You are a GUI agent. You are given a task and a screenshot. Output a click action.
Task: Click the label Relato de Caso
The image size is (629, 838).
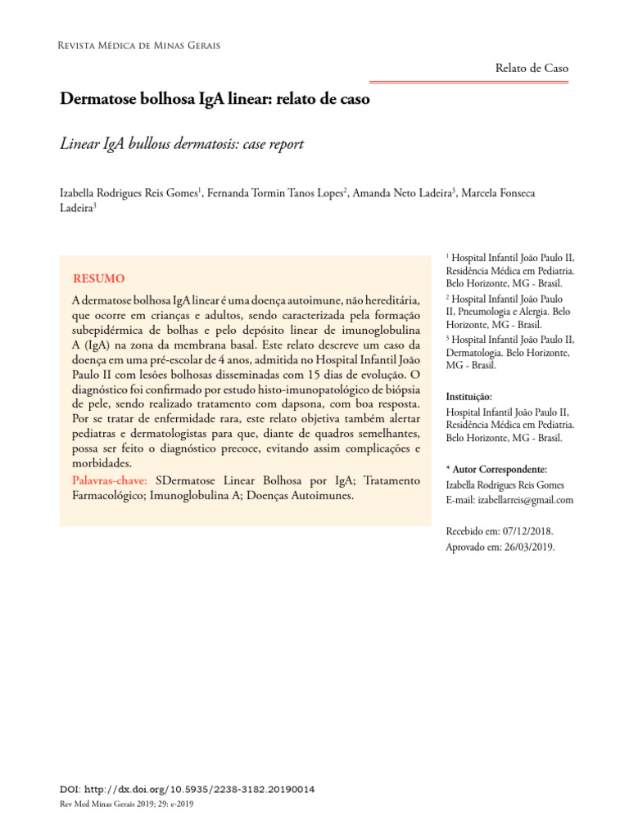click(x=532, y=69)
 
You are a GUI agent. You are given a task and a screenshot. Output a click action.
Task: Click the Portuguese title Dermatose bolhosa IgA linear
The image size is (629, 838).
click(x=215, y=100)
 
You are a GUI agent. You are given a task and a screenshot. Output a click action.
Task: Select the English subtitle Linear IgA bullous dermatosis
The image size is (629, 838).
click(x=182, y=144)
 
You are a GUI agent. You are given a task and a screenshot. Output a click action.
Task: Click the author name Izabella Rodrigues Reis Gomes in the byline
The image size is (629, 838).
click(x=129, y=193)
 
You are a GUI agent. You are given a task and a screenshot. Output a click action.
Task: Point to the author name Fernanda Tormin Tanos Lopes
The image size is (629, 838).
click(x=276, y=193)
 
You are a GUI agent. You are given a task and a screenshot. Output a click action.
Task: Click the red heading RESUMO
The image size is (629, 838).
click(x=99, y=279)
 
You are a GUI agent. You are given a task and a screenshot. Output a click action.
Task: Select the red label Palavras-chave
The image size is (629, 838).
click(x=110, y=480)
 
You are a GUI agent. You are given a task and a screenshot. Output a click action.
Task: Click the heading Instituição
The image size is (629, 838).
click(x=468, y=396)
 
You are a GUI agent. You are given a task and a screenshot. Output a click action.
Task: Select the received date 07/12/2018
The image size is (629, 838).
click(x=529, y=531)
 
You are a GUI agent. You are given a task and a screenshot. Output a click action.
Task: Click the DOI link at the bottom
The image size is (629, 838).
click(x=188, y=790)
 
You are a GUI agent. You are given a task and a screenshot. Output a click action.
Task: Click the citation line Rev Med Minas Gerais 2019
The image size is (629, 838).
click(x=128, y=804)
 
